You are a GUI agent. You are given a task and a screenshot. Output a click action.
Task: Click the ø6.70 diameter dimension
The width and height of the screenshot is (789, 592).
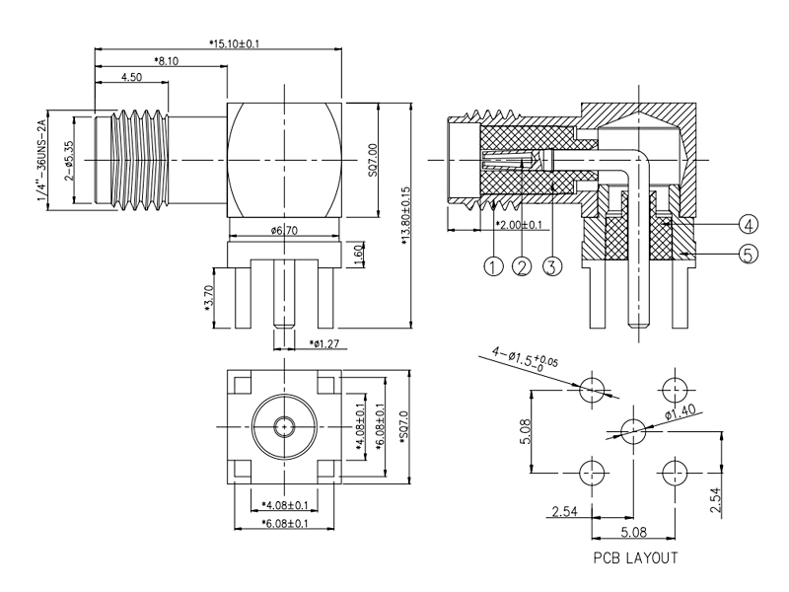point(285,230)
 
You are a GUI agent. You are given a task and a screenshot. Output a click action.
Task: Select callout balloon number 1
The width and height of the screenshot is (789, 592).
point(492,264)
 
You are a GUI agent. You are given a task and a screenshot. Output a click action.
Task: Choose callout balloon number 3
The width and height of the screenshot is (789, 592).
point(553,264)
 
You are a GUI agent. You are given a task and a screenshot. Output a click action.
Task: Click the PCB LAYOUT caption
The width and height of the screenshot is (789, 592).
point(634,557)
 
